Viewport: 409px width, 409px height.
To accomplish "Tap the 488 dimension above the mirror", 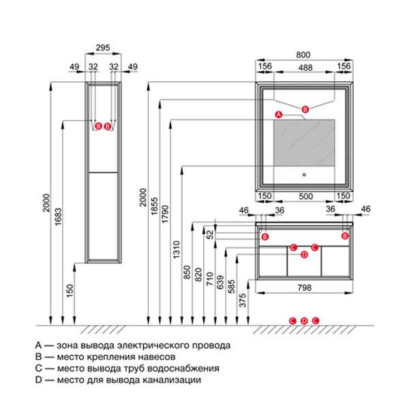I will pos(305,67).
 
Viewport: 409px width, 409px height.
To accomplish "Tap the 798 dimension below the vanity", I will pos(304,288).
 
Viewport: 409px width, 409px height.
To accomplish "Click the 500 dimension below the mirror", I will pos(305,196).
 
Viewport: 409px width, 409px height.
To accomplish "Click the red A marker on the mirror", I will pos(277,113).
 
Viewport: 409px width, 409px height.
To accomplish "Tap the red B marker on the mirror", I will pos(305,109).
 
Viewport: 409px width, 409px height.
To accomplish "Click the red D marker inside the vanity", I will pos(304,255).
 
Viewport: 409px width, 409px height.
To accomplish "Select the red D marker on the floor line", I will pos(304,320).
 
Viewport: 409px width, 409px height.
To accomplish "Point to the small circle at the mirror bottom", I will pos(305,173).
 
